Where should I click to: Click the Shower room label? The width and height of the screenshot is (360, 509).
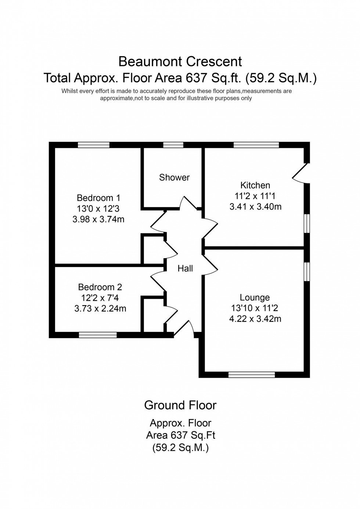click(174, 177)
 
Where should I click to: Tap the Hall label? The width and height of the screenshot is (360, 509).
click(185, 268)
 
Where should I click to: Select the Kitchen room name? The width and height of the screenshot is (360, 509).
click(255, 185)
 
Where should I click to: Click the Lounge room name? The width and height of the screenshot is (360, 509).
click(255, 297)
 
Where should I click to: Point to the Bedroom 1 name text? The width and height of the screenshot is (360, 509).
click(98, 198)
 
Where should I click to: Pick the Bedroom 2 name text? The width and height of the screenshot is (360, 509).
click(100, 287)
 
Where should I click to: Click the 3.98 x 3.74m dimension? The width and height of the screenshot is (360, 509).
click(98, 220)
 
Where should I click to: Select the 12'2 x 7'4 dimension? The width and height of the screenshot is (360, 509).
click(100, 298)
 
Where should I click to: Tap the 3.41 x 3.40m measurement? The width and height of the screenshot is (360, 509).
click(255, 207)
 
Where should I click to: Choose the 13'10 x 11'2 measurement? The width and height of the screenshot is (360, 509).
click(255, 308)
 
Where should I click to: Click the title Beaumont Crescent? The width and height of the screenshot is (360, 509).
click(180, 61)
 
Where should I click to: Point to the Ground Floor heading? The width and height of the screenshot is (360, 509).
click(180, 405)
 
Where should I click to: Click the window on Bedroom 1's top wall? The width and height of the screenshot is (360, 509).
click(93, 145)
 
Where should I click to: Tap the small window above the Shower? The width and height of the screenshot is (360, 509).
click(173, 145)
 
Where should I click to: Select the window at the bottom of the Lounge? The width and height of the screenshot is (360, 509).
click(252, 375)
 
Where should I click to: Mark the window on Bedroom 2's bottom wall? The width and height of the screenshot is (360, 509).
click(98, 335)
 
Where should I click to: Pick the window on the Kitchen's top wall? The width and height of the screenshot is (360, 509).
click(256, 145)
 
